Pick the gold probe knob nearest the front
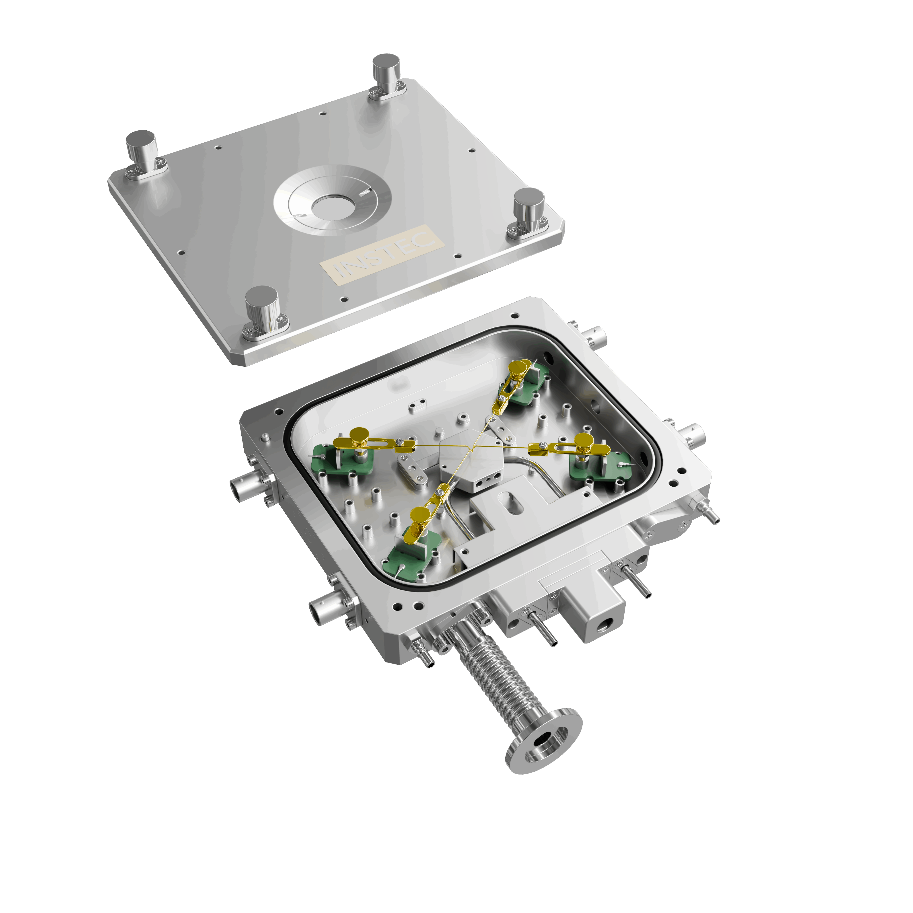(419, 514)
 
